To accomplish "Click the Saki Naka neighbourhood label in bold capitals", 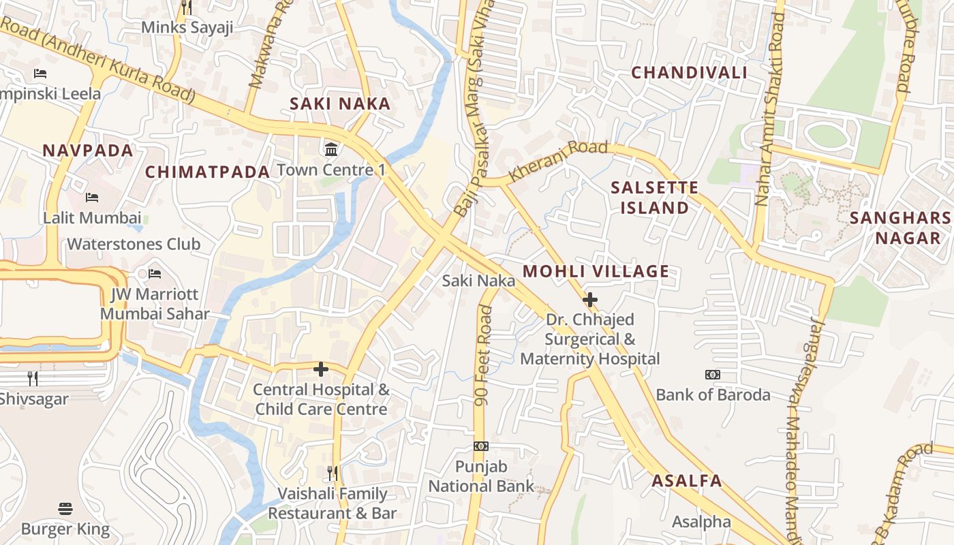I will pos(340,104).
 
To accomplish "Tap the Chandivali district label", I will pos(689,73).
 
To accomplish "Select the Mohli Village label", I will pos(596,272).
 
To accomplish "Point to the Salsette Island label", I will pos(654,198).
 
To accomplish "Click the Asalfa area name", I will pos(686,481).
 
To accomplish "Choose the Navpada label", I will pos(88,151).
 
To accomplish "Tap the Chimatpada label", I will pos(207,172).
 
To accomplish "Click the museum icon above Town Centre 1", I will pos(331,149).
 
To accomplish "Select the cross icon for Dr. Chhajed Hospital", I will pos(590,299).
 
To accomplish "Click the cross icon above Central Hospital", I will pos(321,369).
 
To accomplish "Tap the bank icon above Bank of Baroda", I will pos(713,375).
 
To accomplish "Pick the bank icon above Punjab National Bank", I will pos(481,446).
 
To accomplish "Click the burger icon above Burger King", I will pos(65,508).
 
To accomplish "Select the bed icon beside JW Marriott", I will pos(155,274).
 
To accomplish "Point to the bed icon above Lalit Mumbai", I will pos(92,198).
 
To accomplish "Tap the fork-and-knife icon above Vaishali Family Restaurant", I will pos(333,473).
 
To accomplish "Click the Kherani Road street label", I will pos(558,161).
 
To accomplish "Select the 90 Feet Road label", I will pos(484,356).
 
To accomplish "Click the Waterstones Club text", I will pos(134,245).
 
